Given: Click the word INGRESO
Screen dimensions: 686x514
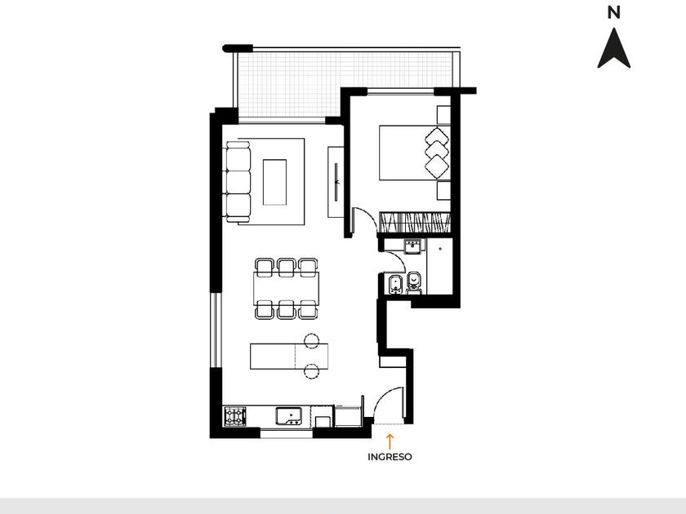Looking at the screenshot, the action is coord(390,457).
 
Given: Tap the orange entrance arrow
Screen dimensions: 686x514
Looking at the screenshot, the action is coord(390,441).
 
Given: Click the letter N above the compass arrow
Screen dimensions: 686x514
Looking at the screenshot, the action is coord(614,13).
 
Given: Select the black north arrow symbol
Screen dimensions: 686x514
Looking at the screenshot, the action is coord(614,48).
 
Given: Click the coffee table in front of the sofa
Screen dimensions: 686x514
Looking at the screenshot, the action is coord(274,182).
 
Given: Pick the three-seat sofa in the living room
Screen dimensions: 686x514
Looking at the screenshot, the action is coord(238,182).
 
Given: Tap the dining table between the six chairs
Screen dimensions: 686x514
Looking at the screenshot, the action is coord(286,289).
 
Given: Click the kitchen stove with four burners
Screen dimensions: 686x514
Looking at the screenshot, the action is coord(235,416).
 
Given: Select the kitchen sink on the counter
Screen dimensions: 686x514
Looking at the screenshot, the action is coord(289,415).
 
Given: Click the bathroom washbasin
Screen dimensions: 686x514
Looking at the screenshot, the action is coord(412,246).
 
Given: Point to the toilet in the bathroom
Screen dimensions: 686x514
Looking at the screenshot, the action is coord(413,282).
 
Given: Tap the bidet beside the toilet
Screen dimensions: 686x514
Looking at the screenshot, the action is coord(395,284).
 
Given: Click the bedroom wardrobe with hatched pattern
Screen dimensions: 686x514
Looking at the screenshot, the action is coord(415,223).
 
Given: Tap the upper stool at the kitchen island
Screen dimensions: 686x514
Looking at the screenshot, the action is coord(311,341).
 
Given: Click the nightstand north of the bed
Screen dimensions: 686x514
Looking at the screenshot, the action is coord(443,115).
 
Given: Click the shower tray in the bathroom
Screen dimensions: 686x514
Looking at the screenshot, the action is coord(439,266).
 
